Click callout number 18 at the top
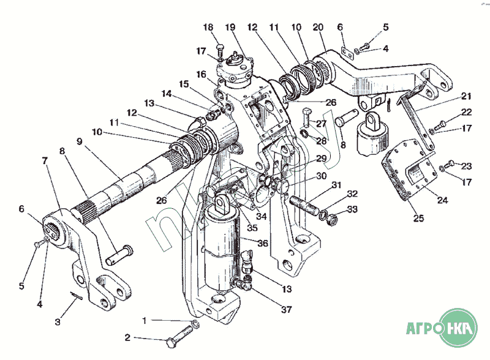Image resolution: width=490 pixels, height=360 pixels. [208, 28]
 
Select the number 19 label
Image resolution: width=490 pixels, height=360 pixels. [230, 28]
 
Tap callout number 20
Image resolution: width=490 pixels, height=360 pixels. [318, 28]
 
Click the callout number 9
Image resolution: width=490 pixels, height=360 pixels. [79, 141]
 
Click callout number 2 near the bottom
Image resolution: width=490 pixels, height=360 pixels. [127, 337]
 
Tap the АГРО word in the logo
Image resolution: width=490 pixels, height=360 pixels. [425, 329]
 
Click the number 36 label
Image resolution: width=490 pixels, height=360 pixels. [263, 243]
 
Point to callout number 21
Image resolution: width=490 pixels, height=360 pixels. [467, 96]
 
